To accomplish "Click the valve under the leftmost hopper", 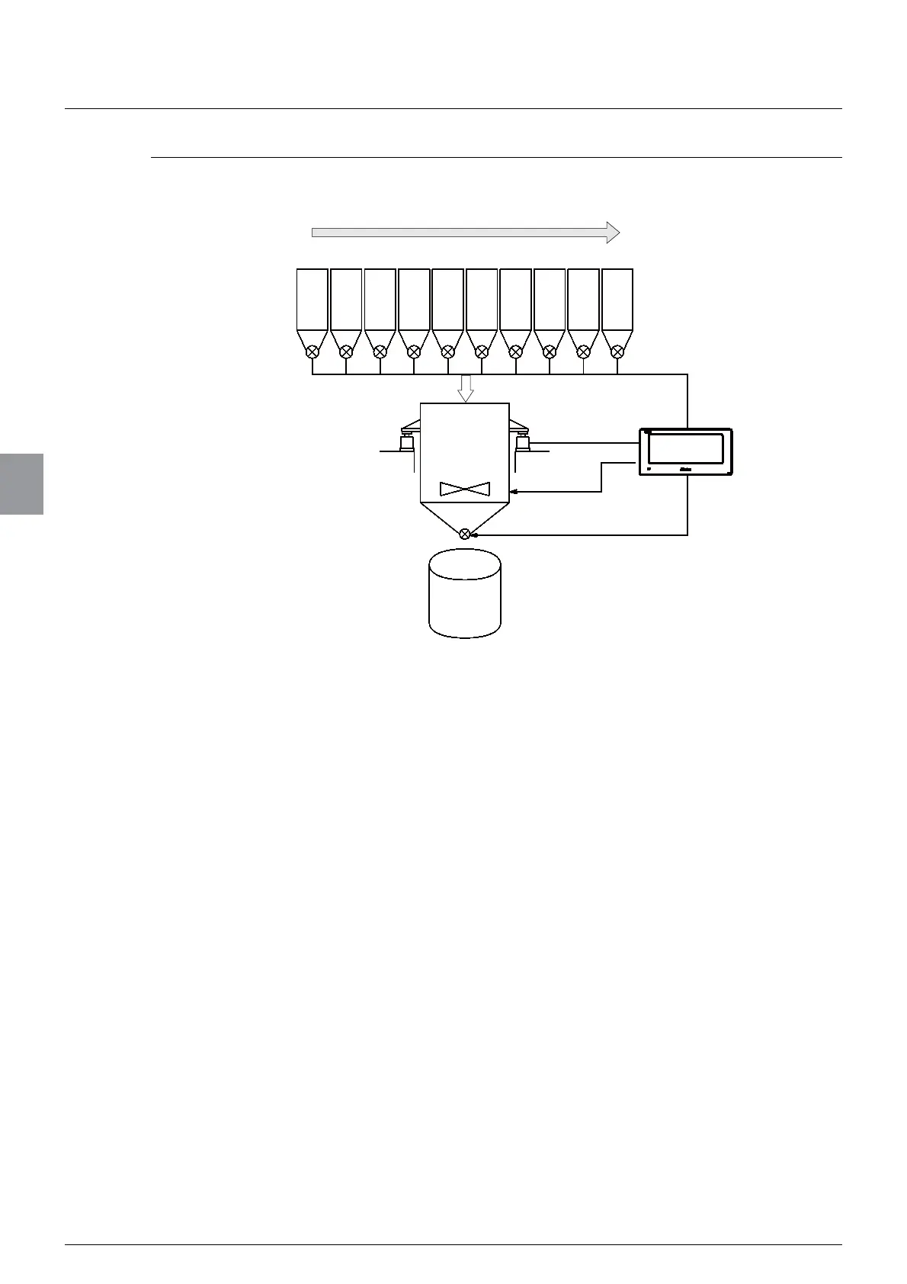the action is (312, 351).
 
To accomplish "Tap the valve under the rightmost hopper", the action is (617, 351).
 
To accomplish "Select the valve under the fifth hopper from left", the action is (447, 351).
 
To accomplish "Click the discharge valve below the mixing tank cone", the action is (465, 534).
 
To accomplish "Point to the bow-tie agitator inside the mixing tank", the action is (465, 489).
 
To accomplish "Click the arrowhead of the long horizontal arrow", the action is (613, 233).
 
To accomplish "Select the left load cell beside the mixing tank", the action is (407, 442).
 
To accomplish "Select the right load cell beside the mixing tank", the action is (523, 442).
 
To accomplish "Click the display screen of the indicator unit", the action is (685, 448).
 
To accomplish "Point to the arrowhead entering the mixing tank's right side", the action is (514, 492).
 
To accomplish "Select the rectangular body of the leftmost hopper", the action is (312, 299).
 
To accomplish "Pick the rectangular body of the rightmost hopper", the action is (617, 299).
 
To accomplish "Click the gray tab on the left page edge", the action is (21, 484).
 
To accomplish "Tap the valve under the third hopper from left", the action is (380, 351).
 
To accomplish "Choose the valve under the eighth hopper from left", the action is (549, 351).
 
